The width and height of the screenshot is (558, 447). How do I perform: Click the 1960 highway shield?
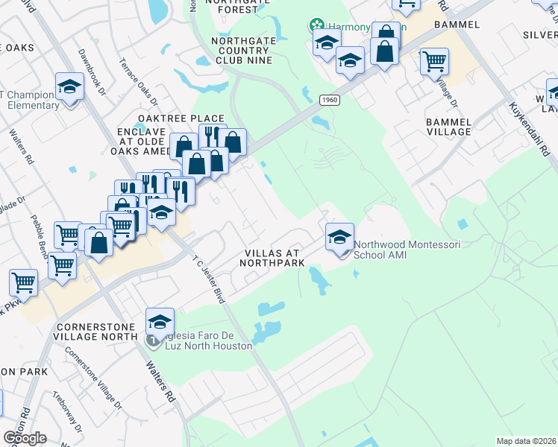pos(329,100)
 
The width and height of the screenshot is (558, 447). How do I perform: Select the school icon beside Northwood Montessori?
pos(339,238)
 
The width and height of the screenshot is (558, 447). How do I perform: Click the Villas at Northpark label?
pos(273,258)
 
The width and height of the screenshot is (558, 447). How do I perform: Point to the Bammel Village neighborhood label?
pos(448,126)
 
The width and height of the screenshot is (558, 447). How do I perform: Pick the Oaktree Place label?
pos(181,118)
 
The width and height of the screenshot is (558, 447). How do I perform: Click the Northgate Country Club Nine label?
pos(241,51)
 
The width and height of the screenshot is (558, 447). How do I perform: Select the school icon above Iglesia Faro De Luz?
pos(160,322)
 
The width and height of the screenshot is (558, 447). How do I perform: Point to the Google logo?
pos(25,438)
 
